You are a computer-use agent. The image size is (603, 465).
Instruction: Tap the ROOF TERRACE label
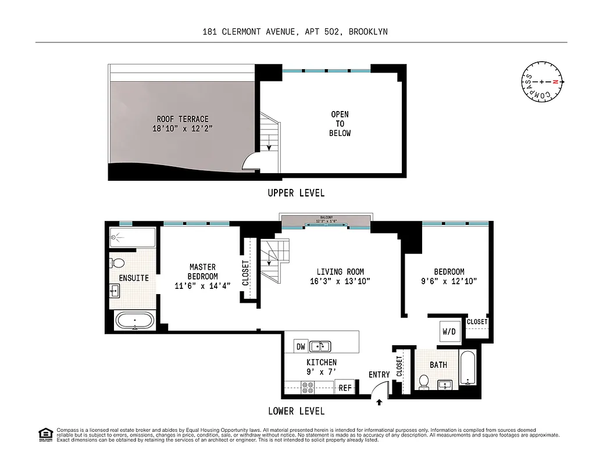183,119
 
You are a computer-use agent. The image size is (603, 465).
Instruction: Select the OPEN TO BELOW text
340,124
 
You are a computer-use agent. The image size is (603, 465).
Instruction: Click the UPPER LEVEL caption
296,193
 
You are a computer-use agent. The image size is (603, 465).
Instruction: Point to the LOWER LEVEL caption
296,411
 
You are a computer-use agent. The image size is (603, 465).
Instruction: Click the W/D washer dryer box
449,332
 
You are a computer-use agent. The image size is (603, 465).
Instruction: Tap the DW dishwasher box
301,347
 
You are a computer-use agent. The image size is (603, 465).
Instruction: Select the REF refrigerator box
345,388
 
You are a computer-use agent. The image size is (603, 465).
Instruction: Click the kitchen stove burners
308,387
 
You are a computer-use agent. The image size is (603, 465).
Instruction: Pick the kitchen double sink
320,346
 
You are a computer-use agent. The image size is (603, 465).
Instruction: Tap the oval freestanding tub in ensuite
135,320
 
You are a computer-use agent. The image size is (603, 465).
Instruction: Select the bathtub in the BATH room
468,368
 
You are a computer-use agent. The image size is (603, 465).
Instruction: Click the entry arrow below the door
379,402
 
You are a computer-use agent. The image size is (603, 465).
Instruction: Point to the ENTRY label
379,375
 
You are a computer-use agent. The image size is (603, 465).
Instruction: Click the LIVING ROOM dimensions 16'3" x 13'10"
340,281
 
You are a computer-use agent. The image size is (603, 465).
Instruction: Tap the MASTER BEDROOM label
203,272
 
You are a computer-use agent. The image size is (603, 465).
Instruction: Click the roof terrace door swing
251,162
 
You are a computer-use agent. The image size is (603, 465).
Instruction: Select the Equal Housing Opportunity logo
45,434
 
